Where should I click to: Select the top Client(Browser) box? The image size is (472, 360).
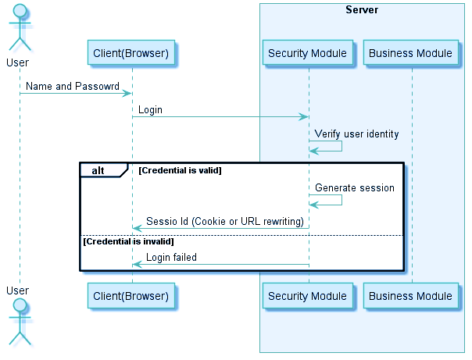tap(131, 53)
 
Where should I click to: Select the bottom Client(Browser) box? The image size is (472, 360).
tap(131, 296)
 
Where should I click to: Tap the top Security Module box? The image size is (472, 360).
tap(307, 53)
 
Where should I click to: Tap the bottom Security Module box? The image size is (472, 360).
tap(307, 296)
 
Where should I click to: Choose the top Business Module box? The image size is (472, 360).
tap(410, 53)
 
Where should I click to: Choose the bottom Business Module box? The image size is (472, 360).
tap(410, 296)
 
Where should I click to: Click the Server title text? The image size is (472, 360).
tap(362, 10)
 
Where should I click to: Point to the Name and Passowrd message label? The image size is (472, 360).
tap(70, 86)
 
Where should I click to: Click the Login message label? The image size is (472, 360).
tap(151, 109)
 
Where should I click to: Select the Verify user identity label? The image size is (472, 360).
tap(356, 134)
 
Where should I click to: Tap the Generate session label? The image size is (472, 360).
tap(354, 187)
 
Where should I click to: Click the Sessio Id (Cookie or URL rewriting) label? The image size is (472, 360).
tap(224, 221)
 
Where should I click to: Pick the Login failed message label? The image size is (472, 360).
tap(171, 257)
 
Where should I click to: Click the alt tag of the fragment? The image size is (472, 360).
tap(98, 170)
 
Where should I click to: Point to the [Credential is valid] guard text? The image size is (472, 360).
tap(181, 170)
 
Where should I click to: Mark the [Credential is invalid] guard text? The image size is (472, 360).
tap(128, 242)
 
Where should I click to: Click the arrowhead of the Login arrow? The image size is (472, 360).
tap(304, 117)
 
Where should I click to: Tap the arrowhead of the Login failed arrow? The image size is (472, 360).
tap(137, 264)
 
